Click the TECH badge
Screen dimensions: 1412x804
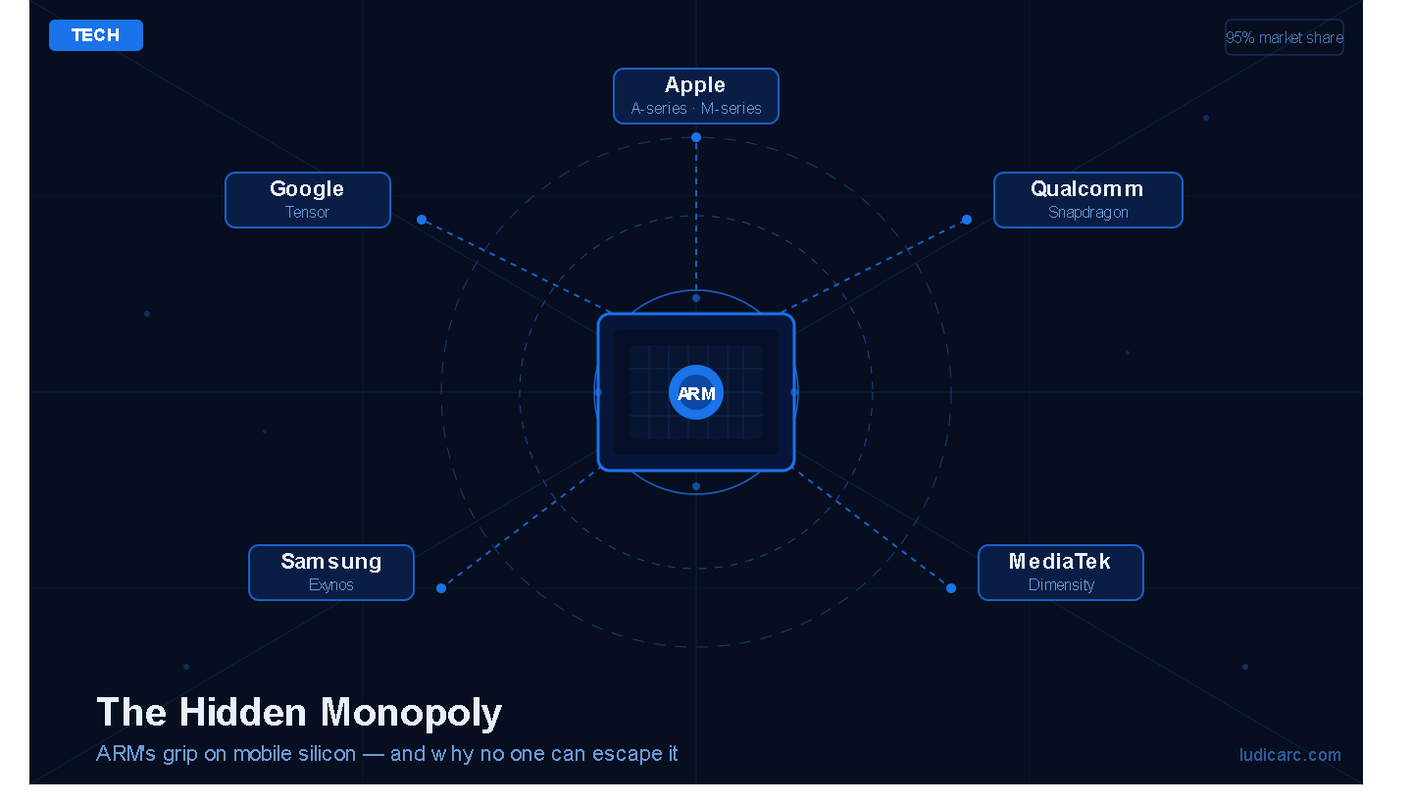pyautogui.click(x=96, y=35)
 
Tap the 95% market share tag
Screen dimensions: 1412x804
pyautogui.click(x=1285, y=37)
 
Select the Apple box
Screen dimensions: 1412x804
pyautogui.click(x=696, y=96)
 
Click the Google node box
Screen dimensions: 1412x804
pyautogui.click(x=308, y=200)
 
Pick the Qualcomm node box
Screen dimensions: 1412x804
pyautogui.click(x=1088, y=200)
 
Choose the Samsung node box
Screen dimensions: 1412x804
pyautogui.click(x=331, y=573)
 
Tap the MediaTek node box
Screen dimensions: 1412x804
pyautogui.click(x=1061, y=573)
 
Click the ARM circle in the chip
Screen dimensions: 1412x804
pyautogui.click(x=696, y=393)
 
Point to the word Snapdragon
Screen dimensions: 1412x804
pyautogui.click(x=1088, y=213)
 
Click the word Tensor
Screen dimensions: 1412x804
pyautogui.click(x=308, y=213)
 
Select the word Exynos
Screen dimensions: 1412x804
pyautogui.click(x=331, y=585)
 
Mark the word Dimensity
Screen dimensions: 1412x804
pyautogui.click(x=1061, y=585)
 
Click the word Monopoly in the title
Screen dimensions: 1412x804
pyautogui.click(x=412, y=713)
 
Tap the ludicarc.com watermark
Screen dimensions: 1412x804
pyautogui.click(x=1290, y=755)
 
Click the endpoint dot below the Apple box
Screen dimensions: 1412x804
pyautogui.click(x=696, y=137)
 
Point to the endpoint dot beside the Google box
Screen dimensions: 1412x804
pyautogui.click(x=422, y=220)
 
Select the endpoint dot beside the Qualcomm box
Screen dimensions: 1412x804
pyautogui.click(x=967, y=220)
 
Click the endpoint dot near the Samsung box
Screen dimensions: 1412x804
pyautogui.click(x=441, y=588)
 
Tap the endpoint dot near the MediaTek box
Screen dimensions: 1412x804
pyautogui.click(x=951, y=588)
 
